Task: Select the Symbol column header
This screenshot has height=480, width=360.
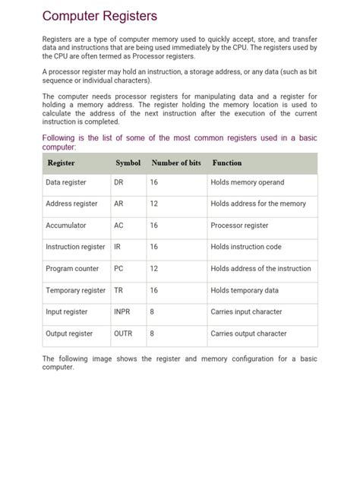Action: point(128,163)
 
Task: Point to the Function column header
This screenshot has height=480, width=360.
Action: point(227,163)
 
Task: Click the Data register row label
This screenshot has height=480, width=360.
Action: point(66,183)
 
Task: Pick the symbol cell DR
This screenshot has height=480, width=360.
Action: point(118,183)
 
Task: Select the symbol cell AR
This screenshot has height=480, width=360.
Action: point(118,204)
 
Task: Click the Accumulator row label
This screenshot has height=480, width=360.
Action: point(66,226)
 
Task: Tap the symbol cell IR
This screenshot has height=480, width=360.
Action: point(117,247)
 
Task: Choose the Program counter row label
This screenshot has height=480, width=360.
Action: point(72,269)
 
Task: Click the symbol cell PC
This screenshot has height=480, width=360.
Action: point(118,269)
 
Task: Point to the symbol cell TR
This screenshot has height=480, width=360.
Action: point(118,290)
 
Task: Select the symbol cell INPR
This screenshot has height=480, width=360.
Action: point(122,311)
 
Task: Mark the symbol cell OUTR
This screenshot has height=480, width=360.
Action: point(123,333)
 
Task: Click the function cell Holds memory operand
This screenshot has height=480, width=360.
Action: point(248,183)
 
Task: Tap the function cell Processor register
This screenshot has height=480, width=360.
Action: point(240,226)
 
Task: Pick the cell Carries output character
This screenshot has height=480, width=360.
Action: point(249,333)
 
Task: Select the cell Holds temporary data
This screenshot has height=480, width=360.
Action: point(245,290)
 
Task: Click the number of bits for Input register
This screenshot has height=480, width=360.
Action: point(152,311)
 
